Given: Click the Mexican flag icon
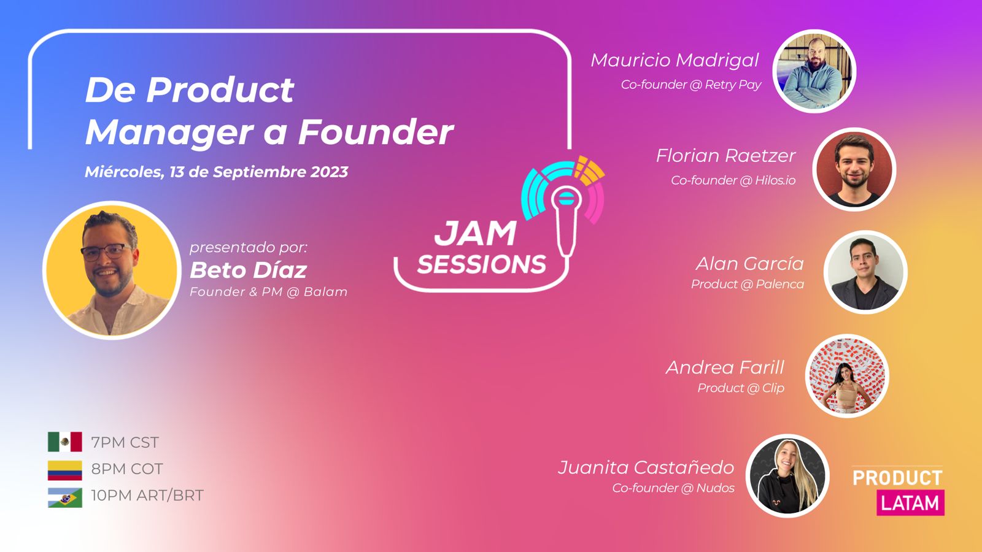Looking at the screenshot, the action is click(65, 442).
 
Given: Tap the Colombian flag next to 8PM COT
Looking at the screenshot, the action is click(65, 470).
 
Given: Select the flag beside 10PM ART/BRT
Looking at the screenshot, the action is click(65, 497).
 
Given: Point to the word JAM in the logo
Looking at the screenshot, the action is click(475, 234).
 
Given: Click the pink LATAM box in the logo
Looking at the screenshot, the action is click(911, 502).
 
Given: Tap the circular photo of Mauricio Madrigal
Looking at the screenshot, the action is click(814, 71).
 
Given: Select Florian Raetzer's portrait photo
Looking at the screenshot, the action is click(854, 169).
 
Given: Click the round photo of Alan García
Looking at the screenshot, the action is click(865, 272).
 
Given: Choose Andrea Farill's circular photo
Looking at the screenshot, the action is click(847, 376).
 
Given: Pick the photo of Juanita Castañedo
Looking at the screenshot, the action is click(787, 476).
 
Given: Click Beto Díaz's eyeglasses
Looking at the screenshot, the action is click(107, 252).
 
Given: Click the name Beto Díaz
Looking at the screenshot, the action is click(248, 270).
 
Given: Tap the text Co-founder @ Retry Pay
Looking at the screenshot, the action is click(691, 85).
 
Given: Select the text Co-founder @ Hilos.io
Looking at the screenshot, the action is click(733, 180).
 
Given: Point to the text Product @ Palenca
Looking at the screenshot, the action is click(748, 284).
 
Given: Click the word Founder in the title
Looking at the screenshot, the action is click(376, 131).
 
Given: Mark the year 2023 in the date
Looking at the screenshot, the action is click(329, 172).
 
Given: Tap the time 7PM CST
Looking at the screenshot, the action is click(125, 442).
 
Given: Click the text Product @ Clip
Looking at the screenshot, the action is click(741, 388).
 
